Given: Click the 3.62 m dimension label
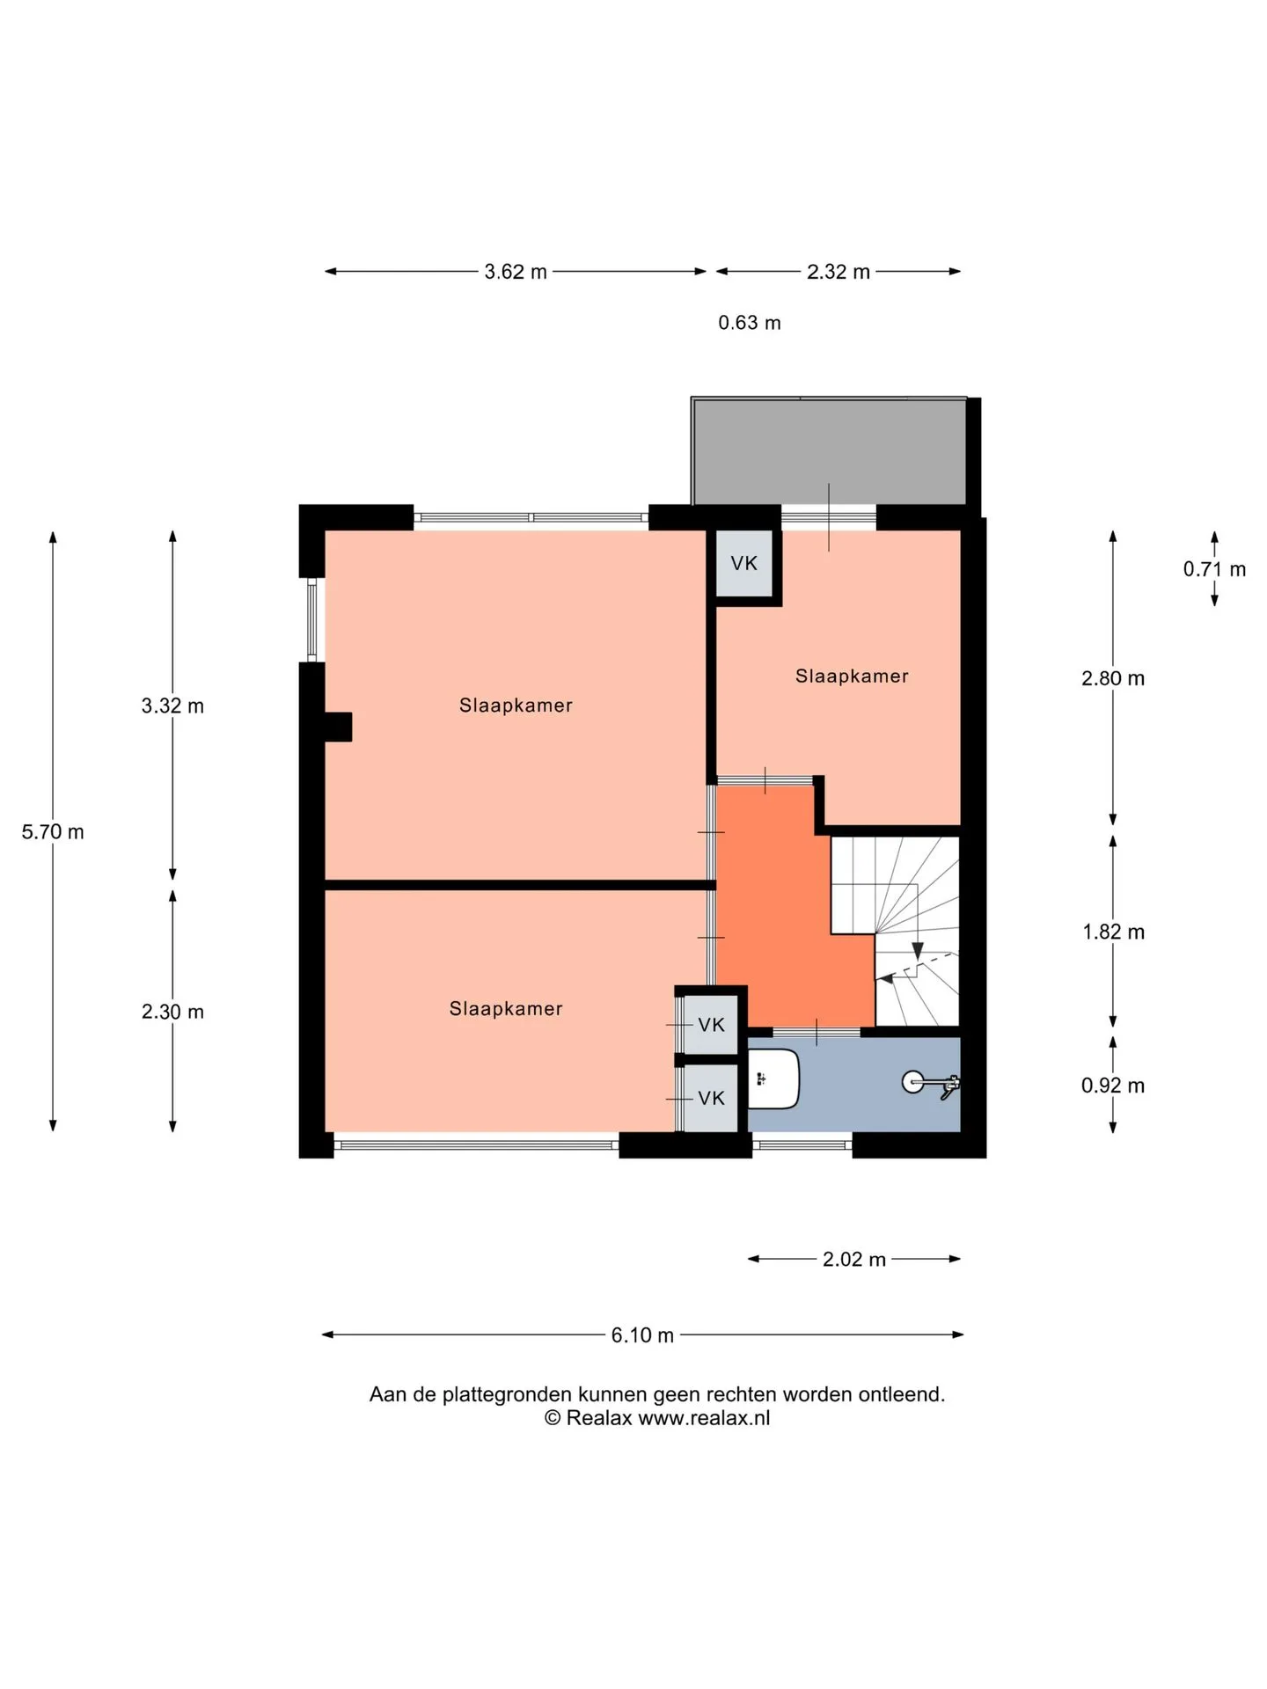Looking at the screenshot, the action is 516,272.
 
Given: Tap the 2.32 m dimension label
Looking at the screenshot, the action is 839,272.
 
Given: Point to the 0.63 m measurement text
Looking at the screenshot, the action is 750,323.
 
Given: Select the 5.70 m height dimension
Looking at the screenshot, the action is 53,831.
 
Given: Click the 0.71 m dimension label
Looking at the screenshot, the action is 1214,569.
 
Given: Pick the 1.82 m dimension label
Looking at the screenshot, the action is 1113,932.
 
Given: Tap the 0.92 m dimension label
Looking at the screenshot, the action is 1113,1086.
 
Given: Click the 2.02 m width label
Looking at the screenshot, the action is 854,1259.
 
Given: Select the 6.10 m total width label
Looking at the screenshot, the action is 642,1334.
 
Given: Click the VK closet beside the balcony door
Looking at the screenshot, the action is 744,563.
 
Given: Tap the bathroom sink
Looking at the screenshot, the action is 773,1078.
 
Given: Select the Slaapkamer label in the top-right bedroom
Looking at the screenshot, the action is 852,676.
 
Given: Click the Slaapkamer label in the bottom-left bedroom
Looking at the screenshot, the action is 506,1008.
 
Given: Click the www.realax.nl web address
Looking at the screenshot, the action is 704,1417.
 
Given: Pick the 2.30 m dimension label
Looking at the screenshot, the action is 172,1012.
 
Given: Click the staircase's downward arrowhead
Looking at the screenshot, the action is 918,951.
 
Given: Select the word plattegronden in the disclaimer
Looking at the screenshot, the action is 508,1394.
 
